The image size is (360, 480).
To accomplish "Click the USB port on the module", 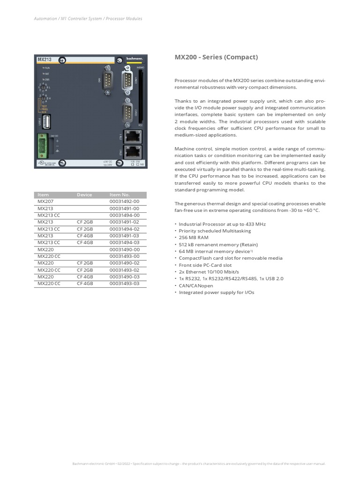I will point(46,122).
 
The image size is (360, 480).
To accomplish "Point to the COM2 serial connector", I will point(128,112).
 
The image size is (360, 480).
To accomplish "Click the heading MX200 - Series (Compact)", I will point(216,57).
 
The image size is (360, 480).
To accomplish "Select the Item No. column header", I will point(120,195).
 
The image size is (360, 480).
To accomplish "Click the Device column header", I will point(85,195).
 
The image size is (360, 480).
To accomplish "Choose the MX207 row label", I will point(45,201).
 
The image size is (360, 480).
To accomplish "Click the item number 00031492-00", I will point(124,201).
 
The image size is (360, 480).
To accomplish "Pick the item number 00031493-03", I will point(124,284).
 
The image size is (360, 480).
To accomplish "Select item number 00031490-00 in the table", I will point(124,249).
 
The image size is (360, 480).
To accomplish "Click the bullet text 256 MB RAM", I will point(194,238).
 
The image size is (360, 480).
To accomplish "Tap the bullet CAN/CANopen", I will point(196,285).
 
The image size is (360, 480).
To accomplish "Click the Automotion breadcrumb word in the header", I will point(45,19).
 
